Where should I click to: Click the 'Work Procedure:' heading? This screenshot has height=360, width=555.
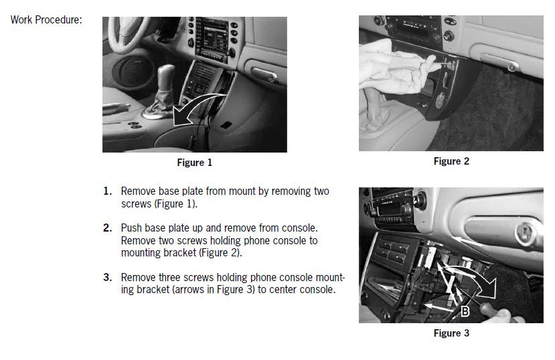point(46,20)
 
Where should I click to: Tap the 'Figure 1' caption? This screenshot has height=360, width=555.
point(194,163)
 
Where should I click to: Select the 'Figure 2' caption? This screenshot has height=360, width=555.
point(451,161)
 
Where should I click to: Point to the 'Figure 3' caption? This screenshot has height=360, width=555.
point(451,333)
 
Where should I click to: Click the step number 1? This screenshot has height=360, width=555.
point(108,191)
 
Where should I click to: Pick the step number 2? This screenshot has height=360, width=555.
point(108,228)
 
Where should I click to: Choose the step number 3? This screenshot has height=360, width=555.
point(108,277)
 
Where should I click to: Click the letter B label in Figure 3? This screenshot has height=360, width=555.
point(465,311)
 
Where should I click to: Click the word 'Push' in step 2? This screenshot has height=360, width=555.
point(131,228)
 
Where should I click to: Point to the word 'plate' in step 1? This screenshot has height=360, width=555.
point(192,191)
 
